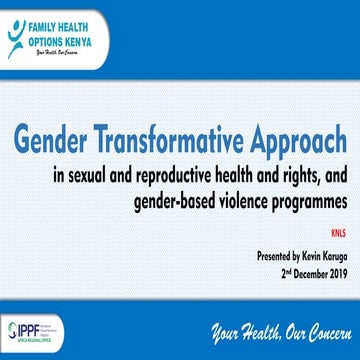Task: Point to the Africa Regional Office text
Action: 30,341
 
